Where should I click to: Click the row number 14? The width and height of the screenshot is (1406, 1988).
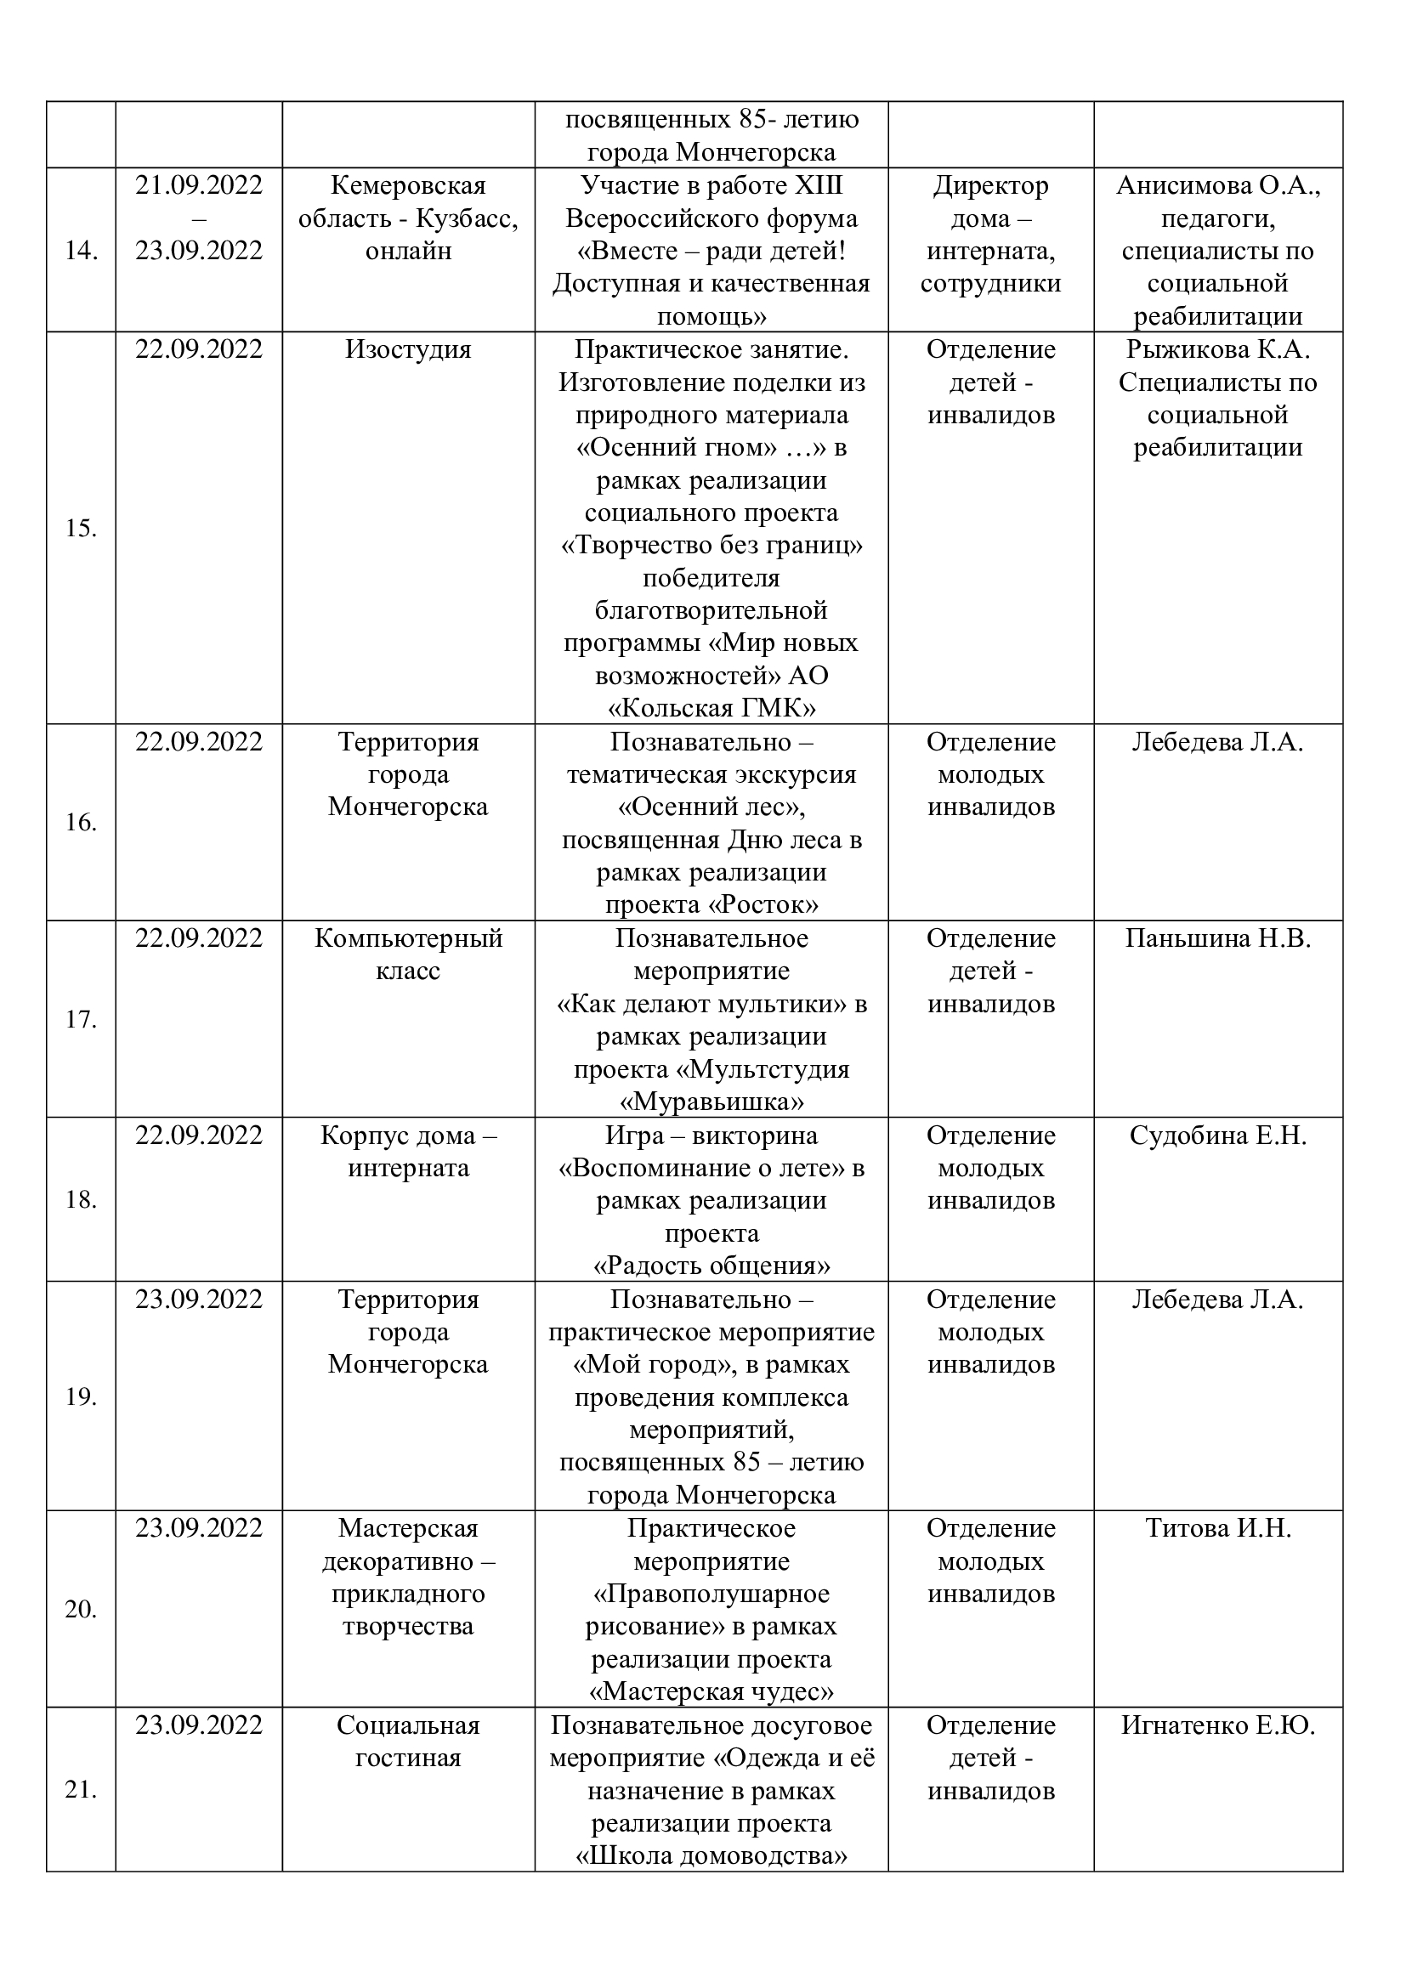point(81,251)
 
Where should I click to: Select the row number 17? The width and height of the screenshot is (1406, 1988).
point(81,1019)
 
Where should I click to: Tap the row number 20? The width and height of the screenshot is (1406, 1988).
point(81,1610)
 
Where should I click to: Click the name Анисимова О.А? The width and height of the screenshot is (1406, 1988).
point(1217,186)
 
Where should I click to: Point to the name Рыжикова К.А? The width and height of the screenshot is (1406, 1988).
point(1217,350)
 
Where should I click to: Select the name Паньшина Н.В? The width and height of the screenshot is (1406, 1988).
point(1217,938)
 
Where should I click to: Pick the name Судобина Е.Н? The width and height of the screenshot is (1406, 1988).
point(1217,1136)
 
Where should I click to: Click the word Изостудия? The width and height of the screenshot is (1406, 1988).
point(408,350)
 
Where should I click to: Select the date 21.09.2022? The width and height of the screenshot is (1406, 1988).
point(198,186)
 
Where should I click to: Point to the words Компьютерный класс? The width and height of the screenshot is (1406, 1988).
point(408,954)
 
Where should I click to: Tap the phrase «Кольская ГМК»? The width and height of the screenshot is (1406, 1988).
point(711,709)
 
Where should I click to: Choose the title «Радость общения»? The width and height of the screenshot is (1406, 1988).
point(711,1266)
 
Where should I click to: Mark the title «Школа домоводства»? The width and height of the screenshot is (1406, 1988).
point(711,1856)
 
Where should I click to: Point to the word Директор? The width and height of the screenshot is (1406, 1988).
point(990,186)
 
